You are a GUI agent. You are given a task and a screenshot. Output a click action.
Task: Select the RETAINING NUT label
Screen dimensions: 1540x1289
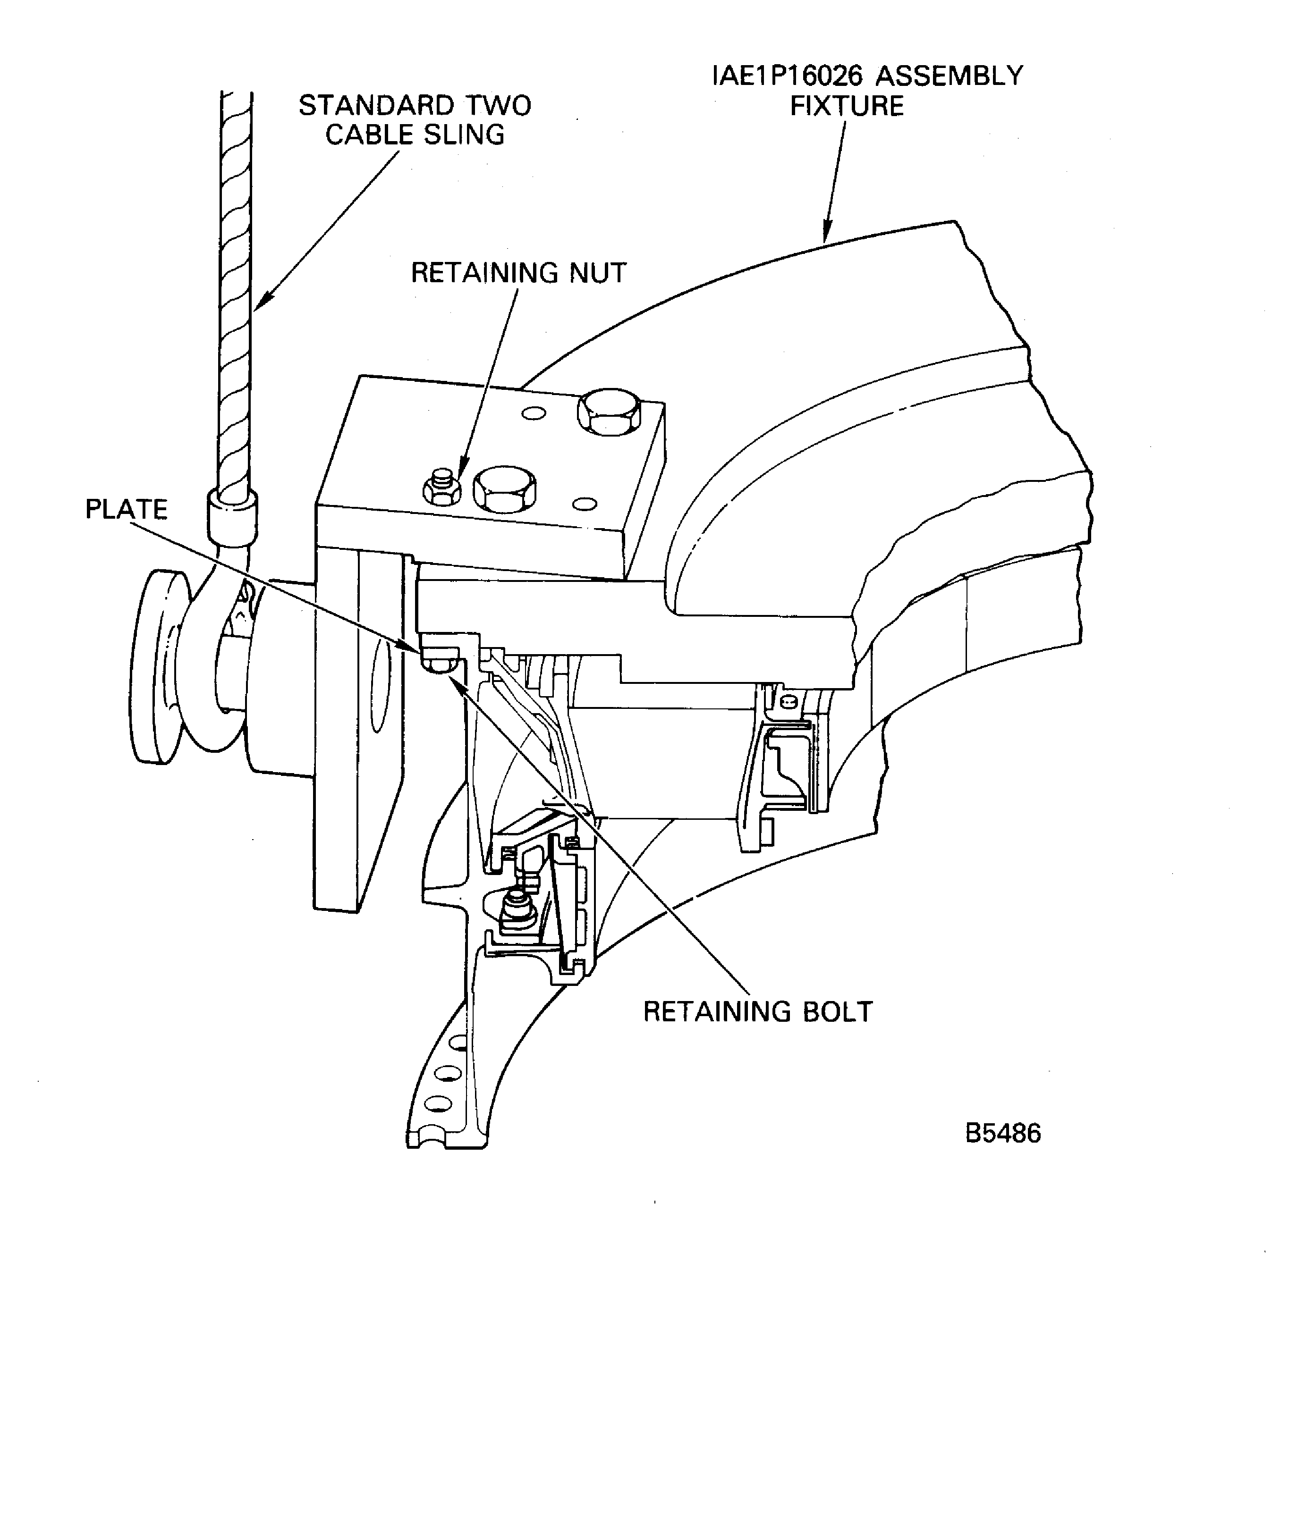(518, 273)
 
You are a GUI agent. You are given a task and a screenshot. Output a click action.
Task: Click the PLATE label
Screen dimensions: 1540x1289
(126, 509)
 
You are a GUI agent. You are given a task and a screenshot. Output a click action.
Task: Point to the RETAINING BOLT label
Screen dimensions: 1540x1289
(758, 1011)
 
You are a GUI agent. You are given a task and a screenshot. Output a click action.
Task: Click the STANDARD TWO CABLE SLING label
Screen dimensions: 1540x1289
(415, 120)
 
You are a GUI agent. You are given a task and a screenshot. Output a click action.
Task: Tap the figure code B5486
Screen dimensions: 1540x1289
(1002, 1133)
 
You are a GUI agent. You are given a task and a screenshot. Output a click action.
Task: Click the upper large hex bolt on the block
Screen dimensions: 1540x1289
(609, 412)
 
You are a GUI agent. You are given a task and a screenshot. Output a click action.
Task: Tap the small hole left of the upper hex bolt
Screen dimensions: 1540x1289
(534, 413)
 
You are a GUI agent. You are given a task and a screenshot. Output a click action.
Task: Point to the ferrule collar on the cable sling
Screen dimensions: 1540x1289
(232, 515)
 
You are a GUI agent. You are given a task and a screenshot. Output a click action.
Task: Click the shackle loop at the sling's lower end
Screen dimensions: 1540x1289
(213, 660)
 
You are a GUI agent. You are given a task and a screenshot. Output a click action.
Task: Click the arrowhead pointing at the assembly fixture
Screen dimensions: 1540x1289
(827, 235)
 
